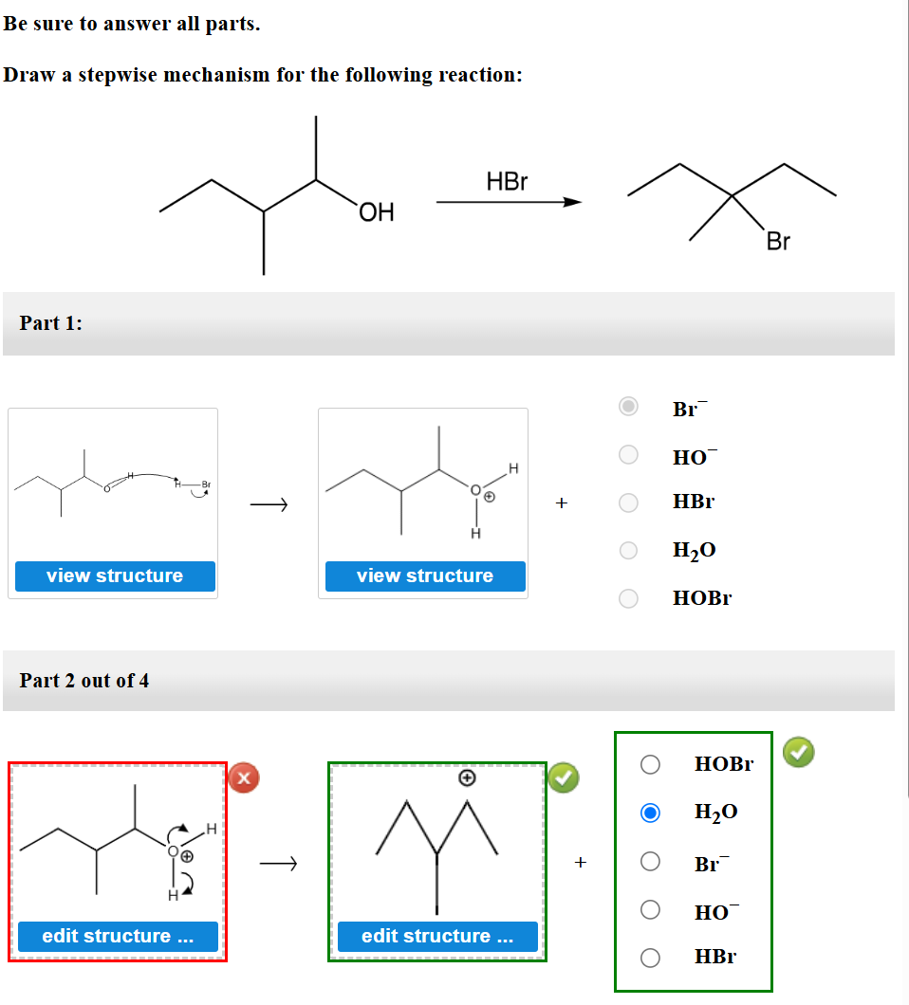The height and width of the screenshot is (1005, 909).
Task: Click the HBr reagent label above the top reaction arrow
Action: pos(507,182)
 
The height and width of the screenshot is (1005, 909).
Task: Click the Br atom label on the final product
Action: pos(777,242)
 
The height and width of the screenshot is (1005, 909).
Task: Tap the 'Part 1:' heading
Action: pos(51,323)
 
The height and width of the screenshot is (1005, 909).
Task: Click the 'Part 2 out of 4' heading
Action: pos(84,681)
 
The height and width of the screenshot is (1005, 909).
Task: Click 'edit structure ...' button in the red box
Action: pos(119,936)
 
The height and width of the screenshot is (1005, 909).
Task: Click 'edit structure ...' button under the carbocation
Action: pos(437,936)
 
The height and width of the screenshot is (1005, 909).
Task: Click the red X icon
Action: pos(244,778)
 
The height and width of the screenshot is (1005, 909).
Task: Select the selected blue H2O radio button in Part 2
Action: pos(650,813)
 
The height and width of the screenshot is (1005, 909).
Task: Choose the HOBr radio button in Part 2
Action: pos(650,764)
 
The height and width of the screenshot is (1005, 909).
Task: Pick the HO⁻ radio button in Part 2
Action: pos(650,910)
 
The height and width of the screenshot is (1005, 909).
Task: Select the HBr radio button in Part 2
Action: pos(650,958)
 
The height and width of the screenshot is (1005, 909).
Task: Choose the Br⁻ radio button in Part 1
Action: pos(628,407)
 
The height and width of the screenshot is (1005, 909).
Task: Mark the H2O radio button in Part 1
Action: pos(628,550)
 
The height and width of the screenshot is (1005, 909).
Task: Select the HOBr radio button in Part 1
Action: pos(628,598)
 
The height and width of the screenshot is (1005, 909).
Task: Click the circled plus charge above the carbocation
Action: pos(466,777)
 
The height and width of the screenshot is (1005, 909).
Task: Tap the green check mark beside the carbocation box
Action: pos(563,778)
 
